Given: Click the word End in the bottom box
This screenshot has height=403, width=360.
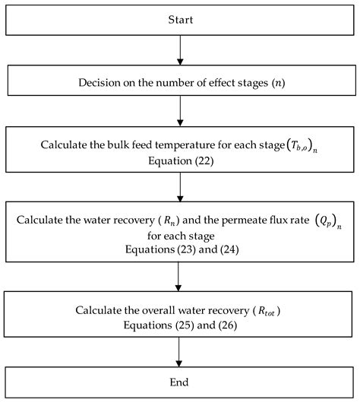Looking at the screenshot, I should click(x=180, y=381).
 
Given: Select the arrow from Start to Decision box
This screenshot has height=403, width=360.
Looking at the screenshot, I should click(x=180, y=50).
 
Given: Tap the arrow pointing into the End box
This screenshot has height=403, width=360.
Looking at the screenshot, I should click(x=180, y=352).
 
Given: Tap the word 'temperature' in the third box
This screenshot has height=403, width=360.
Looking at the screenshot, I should click(x=189, y=141).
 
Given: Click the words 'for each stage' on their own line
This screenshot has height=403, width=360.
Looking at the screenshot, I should click(x=180, y=236).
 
